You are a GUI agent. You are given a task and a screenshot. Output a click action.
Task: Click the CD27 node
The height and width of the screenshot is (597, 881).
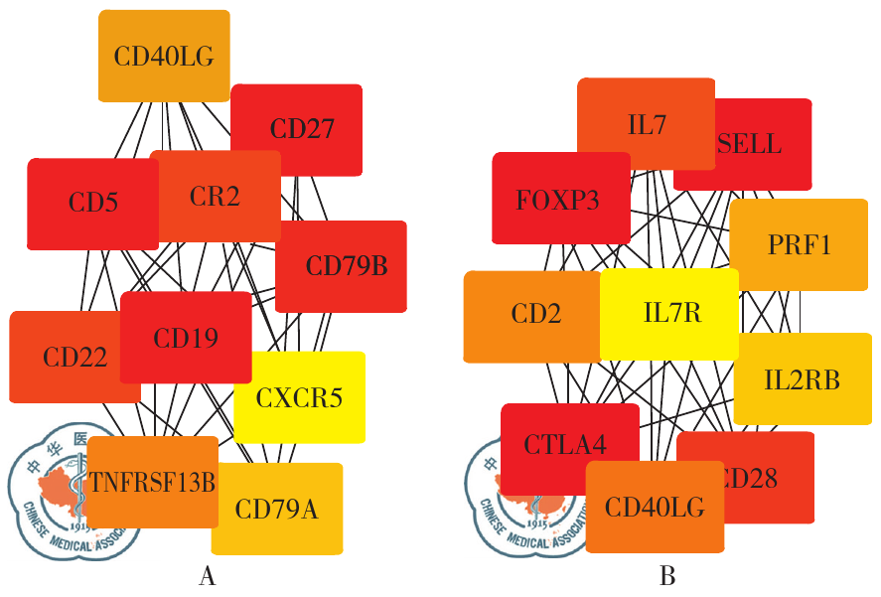click(x=302, y=129)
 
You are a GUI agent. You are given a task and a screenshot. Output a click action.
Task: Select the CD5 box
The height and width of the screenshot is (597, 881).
click(x=92, y=204)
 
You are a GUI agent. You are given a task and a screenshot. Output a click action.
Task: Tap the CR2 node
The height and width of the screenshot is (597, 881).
click(x=215, y=197)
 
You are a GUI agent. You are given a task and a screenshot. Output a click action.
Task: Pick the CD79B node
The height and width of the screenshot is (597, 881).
click(x=345, y=266)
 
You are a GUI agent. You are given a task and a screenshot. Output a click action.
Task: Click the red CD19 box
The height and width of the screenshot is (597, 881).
click(x=186, y=338)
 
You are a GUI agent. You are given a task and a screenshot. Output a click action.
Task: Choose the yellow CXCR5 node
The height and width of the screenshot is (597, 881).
click(x=299, y=398)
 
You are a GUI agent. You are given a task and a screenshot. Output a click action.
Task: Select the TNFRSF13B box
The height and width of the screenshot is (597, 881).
click(x=152, y=483)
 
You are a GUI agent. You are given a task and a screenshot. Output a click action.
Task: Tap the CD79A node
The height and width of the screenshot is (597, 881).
click(x=277, y=510)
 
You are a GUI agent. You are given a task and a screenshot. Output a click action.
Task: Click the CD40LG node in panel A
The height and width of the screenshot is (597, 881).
click(x=164, y=56)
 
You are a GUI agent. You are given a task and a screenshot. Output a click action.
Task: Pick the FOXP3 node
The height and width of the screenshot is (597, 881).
click(x=558, y=199)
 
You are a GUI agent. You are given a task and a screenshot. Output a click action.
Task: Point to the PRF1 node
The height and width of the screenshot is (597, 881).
click(x=800, y=244)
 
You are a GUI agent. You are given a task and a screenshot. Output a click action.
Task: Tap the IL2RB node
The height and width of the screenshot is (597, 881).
click(x=803, y=378)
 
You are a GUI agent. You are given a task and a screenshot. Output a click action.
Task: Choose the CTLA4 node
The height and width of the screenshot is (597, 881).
click(x=566, y=444)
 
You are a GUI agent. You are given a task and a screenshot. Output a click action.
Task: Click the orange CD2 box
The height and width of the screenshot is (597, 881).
click(x=533, y=316)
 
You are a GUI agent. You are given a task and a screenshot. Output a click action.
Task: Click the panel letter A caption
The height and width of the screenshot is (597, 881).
click(x=208, y=576)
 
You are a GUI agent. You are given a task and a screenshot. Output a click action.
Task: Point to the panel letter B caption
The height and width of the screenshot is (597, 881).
click(x=666, y=576)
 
